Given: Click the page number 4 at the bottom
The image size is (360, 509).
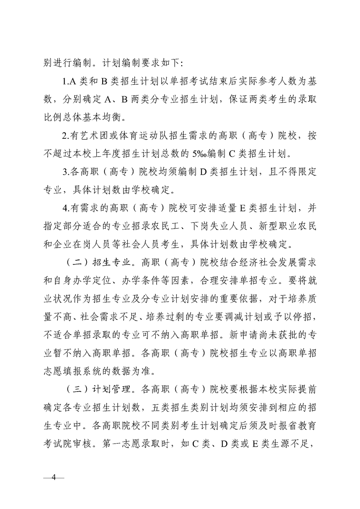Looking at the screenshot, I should click(54, 478).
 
